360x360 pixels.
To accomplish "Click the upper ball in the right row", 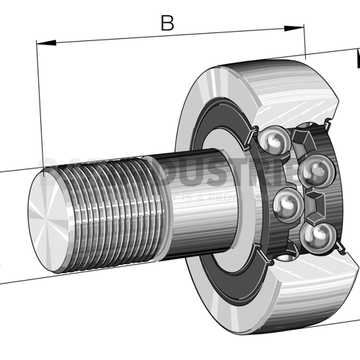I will coord(314,171).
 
